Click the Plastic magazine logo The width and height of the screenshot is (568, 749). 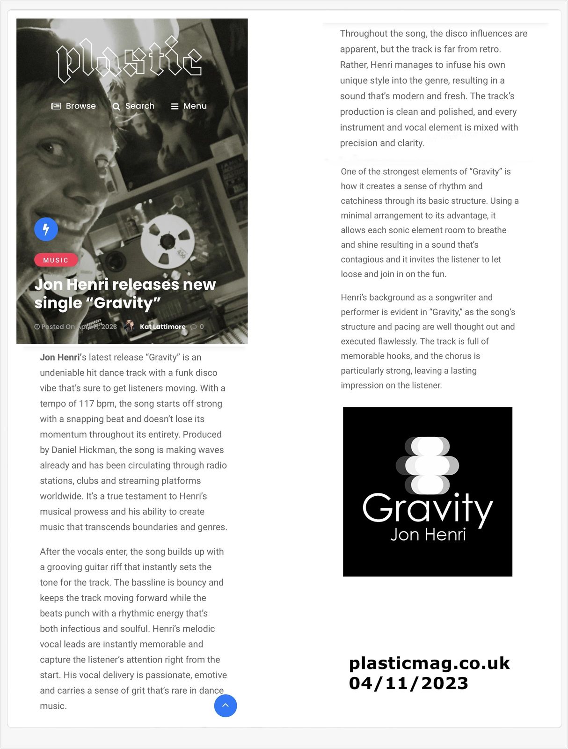click(x=129, y=59)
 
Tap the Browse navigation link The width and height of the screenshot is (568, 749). click(x=73, y=106)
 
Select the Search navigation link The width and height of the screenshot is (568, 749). click(x=133, y=106)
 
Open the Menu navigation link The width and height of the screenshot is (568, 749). click(x=189, y=106)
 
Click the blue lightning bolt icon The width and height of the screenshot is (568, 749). click(x=46, y=229)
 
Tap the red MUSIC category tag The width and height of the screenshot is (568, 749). click(x=56, y=260)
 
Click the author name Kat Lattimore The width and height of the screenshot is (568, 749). click(x=162, y=327)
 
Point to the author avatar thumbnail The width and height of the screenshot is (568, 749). click(x=130, y=326)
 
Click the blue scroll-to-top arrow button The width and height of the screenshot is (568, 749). click(x=226, y=705)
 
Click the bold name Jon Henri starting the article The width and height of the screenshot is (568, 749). click(x=60, y=357)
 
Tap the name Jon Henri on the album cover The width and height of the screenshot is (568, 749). click(x=428, y=535)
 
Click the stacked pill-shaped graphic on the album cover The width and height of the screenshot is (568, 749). click(x=428, y=466)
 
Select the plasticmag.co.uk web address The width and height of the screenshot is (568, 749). click(x=429, y=663)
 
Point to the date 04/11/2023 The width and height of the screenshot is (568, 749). click(x=408, y=683)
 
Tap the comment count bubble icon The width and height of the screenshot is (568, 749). click(x=194, y=327)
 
